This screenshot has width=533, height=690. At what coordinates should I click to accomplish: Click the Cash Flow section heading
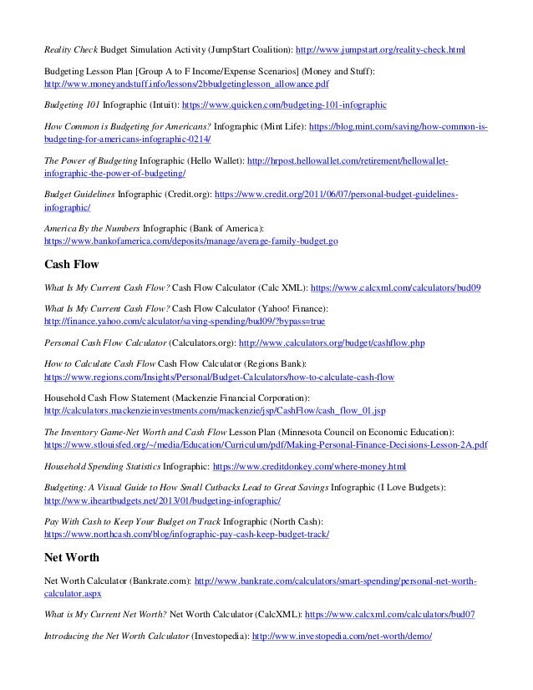tap(71, 265)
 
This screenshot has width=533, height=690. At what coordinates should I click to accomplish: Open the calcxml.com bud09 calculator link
tap(393, 287)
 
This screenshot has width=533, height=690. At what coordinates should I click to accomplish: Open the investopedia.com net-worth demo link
tap(341, 636)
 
